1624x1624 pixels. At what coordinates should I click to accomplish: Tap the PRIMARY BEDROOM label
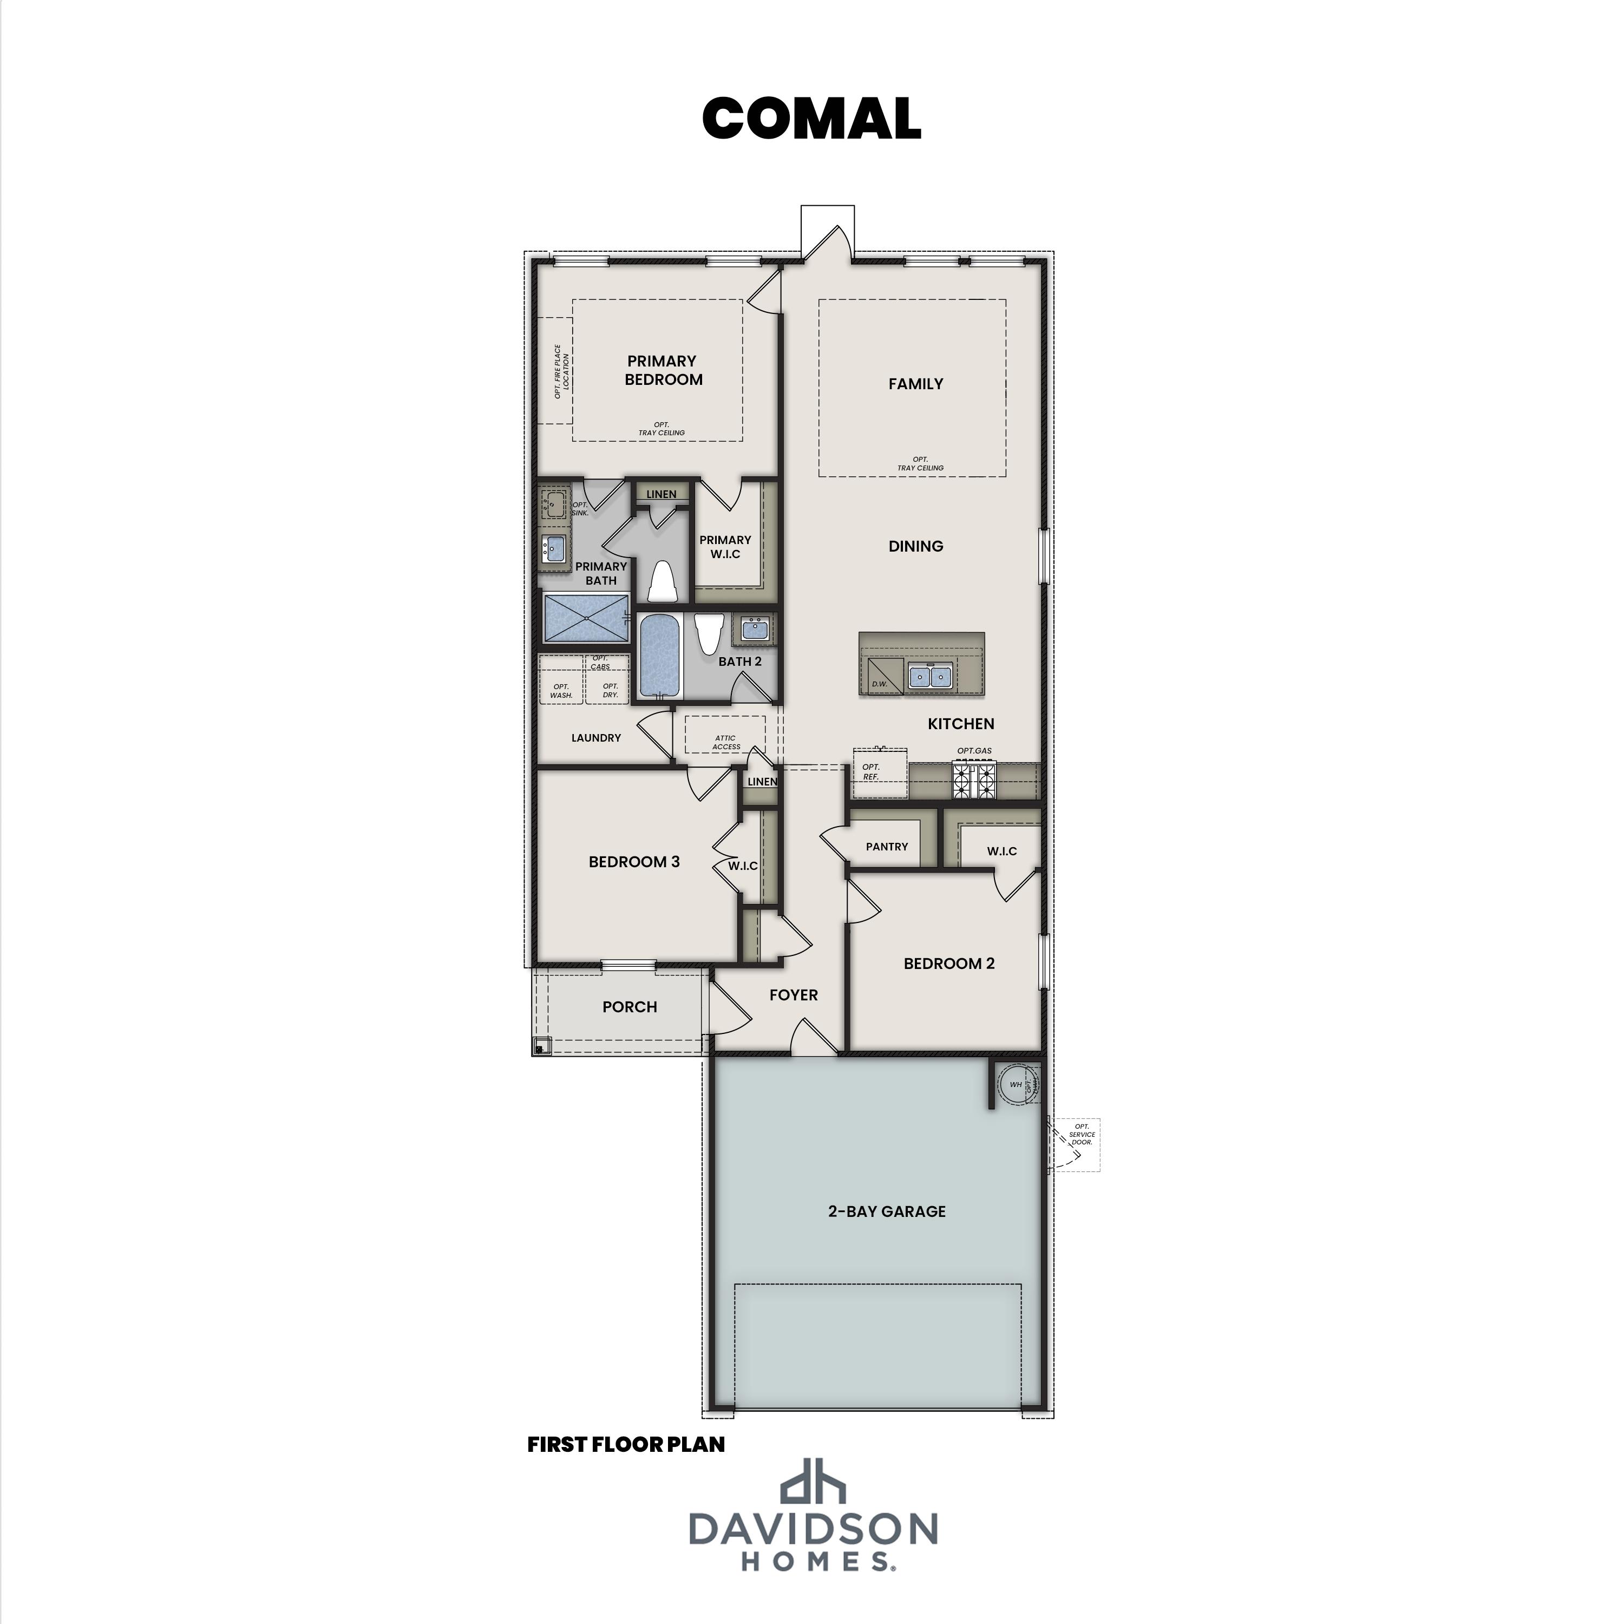[663, 370]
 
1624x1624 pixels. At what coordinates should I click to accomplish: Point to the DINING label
[915, 546]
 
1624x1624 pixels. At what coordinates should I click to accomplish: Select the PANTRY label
[887, 847]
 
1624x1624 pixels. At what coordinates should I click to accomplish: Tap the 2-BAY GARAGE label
[887, 1212]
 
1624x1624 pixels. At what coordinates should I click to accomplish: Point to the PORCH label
[630, 1007]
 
